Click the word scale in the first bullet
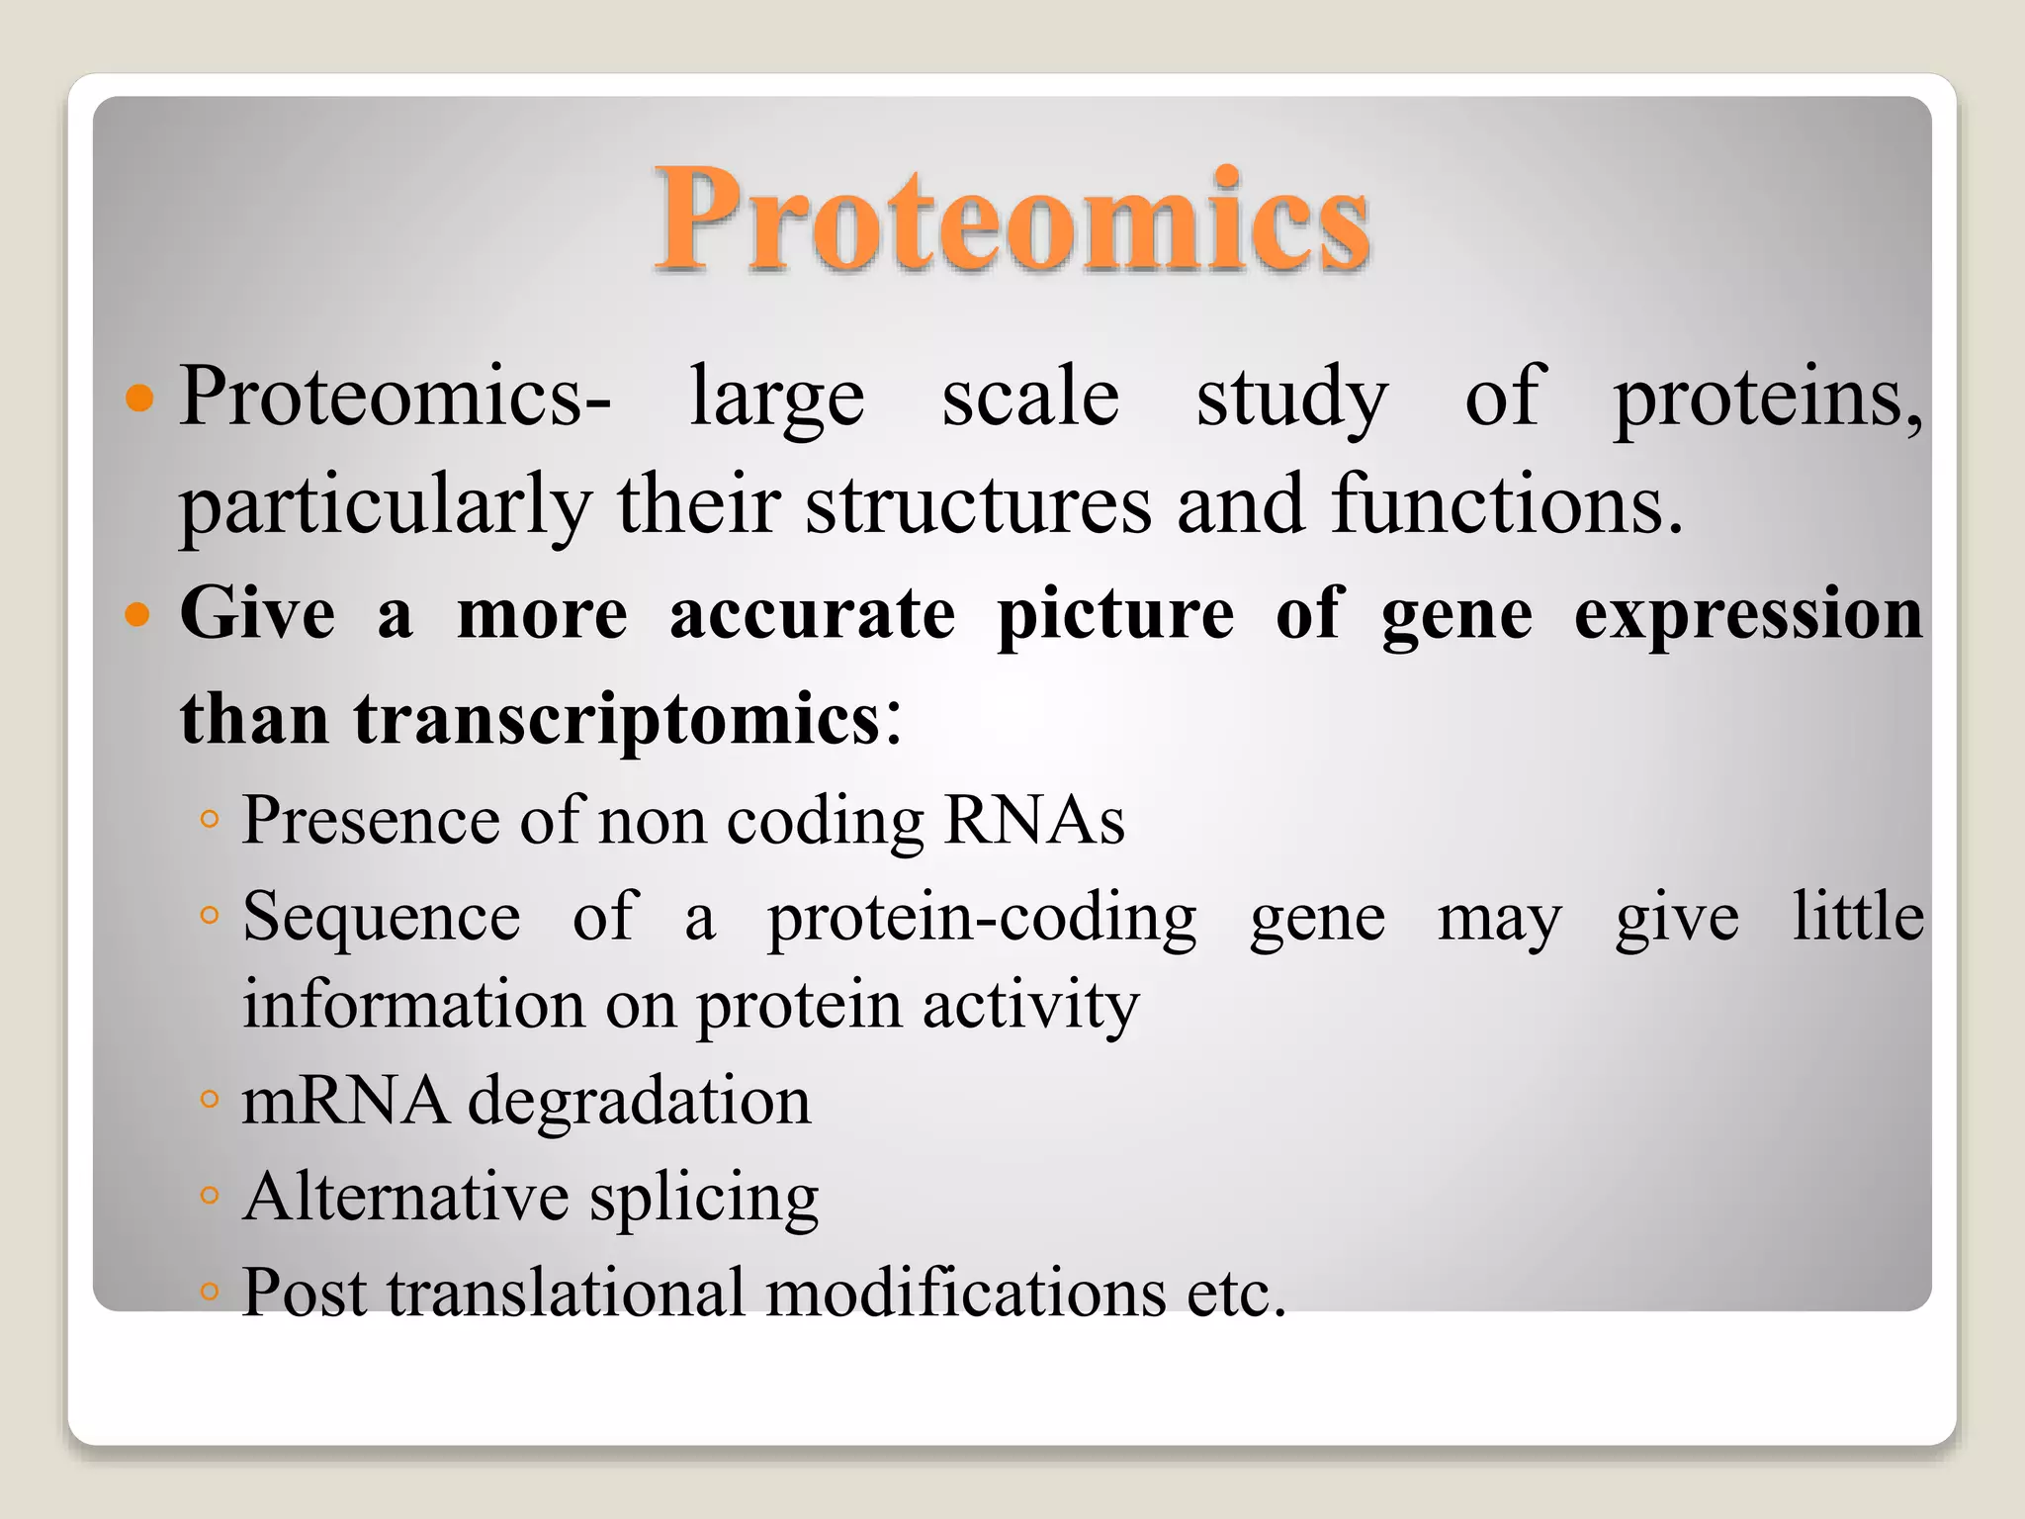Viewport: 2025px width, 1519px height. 1029,397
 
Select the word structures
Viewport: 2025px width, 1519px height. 978,504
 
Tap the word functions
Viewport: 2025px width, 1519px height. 1505,504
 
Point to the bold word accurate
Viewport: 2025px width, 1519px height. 812,614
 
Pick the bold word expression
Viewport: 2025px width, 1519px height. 1747,614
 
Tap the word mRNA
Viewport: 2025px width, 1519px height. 344,1101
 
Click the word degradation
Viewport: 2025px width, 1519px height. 639,1101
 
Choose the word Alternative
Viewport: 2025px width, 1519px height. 405,1198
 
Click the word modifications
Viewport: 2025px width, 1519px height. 966,1293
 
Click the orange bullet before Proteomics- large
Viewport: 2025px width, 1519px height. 140,399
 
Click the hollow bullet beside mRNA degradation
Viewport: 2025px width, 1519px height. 209,1100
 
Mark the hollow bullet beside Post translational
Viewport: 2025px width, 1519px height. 209,1291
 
